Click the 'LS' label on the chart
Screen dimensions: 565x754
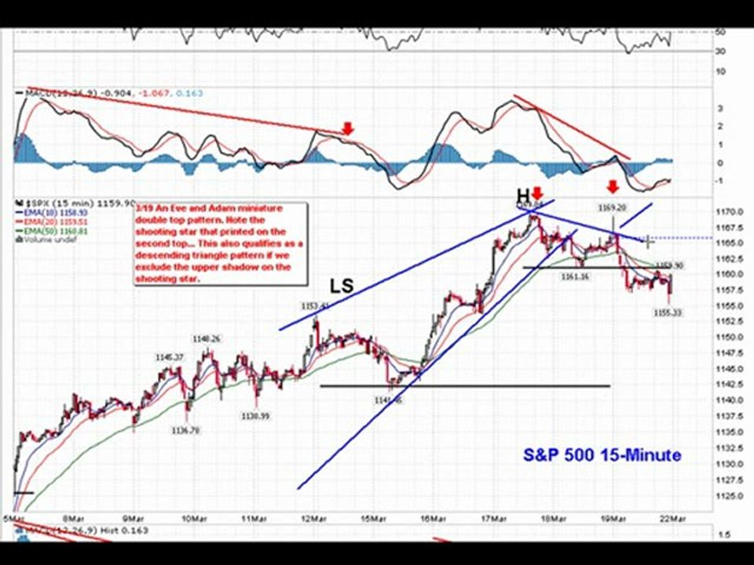pos(342,288)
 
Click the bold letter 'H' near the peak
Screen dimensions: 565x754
pos(522,195)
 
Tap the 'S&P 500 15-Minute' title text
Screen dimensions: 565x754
pos(602,455)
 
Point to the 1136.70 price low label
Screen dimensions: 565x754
pos(185,429)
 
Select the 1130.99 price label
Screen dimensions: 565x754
pos(255,416)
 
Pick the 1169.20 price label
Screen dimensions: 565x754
pos(611,209)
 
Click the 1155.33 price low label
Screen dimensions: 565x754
pos(668,312)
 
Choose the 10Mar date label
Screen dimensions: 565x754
pos(194,519)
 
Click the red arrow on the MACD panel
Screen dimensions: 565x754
pos(348,128)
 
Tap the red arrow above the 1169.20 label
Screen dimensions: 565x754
pos(612,187)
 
